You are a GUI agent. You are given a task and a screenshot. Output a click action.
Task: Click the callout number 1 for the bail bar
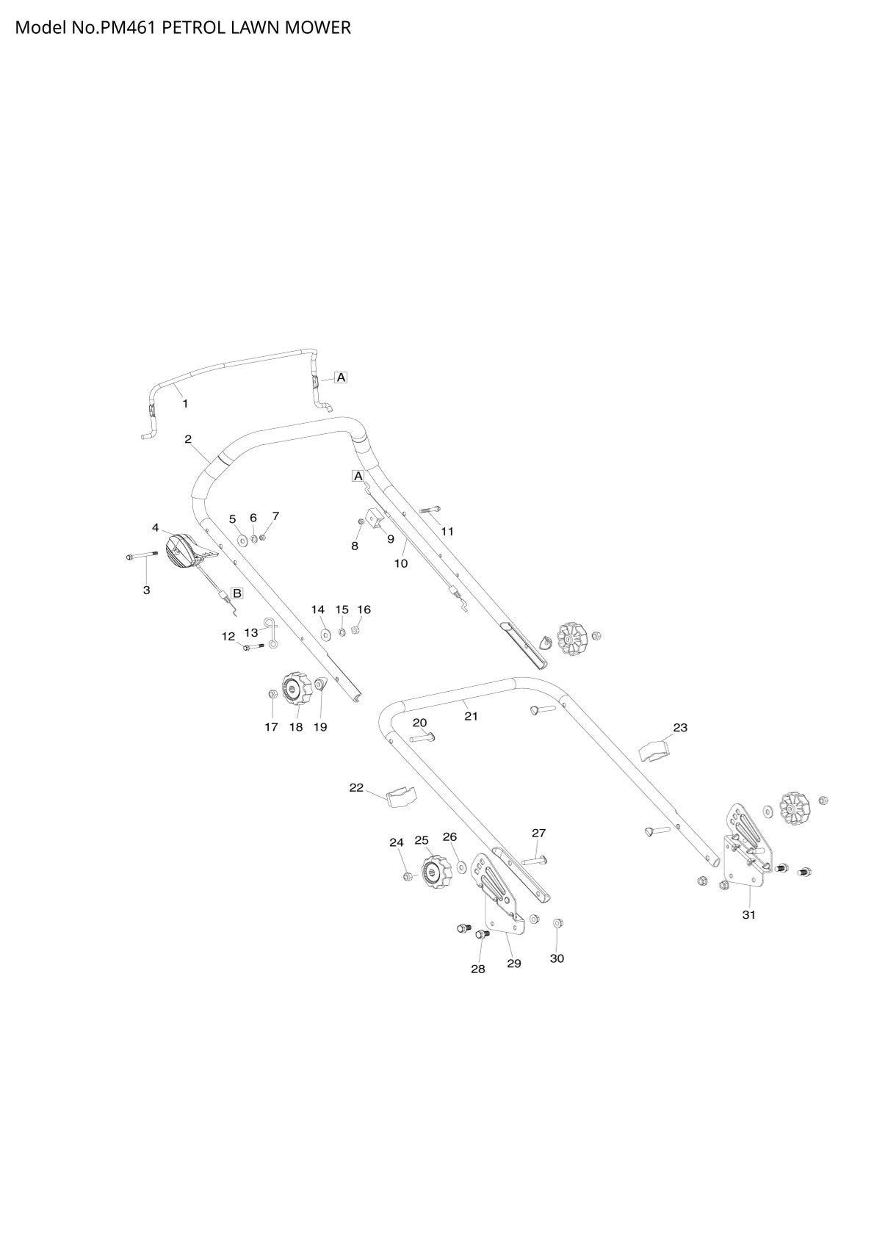[x=185, y=403]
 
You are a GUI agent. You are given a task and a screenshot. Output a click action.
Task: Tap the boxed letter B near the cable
[x=236, y=593]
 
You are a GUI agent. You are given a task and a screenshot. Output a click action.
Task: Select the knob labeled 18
[x=297, y=689]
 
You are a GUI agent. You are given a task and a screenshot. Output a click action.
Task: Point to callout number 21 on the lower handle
[x=471, y=716]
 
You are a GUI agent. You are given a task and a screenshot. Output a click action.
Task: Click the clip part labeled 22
[x=402, y=798]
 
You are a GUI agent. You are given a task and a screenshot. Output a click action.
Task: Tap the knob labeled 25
[x=436, y=872]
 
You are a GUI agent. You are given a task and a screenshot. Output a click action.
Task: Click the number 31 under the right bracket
[x=748, y=914]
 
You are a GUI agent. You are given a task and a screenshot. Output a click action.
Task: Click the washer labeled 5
[x=242, y=538]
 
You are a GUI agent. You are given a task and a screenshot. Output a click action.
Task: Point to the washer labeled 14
[x=326, y=632]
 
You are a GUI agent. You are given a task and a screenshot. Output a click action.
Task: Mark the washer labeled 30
[x=557, y=922]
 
